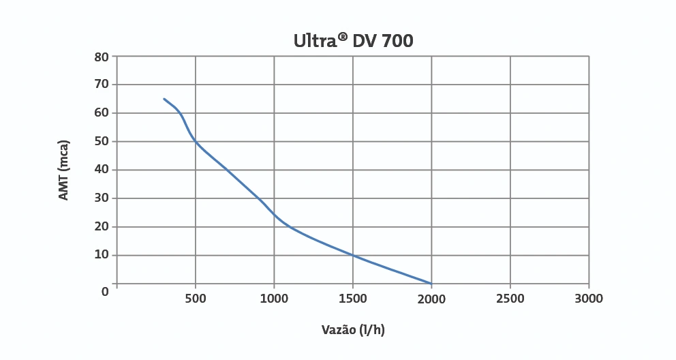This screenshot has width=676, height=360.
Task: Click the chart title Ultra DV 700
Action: (x=353, y=41)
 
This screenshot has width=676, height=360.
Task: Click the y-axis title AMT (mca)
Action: (x=64, y=170)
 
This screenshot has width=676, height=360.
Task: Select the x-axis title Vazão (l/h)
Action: (x=353, y=330)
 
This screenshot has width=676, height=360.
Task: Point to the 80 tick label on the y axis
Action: (x=102, y=57)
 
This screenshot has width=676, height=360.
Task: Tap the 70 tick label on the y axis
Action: (x=102, y=85)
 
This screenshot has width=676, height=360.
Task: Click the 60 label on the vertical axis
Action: (x=102, y=113)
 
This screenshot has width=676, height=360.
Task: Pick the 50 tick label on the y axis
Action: (x=102, y=142)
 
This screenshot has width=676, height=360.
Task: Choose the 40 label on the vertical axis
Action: (x=102, y=170)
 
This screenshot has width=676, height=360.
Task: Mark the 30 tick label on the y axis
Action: (x=102, y=198)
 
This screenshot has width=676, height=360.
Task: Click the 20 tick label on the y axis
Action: (x=102, y=227)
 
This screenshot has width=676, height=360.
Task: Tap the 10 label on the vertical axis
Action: (x=102, y=255)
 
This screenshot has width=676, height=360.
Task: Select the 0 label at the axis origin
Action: (x=105, y=291)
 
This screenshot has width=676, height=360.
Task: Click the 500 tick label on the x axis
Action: (x=196, y=299)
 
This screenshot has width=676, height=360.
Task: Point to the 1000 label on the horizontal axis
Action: (x=274, y=299)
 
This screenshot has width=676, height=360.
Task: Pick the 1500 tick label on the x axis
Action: (x=353, y=299)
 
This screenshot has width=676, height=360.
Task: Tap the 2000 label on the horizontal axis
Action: (x=431, y=299)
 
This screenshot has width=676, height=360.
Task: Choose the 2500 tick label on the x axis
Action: (x=510, y=299)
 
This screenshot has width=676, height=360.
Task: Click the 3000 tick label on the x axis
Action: (x=589, y=299)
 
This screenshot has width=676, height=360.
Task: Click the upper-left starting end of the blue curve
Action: (x=164, y=99)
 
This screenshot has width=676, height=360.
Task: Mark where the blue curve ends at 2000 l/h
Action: (x=431, y=283)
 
